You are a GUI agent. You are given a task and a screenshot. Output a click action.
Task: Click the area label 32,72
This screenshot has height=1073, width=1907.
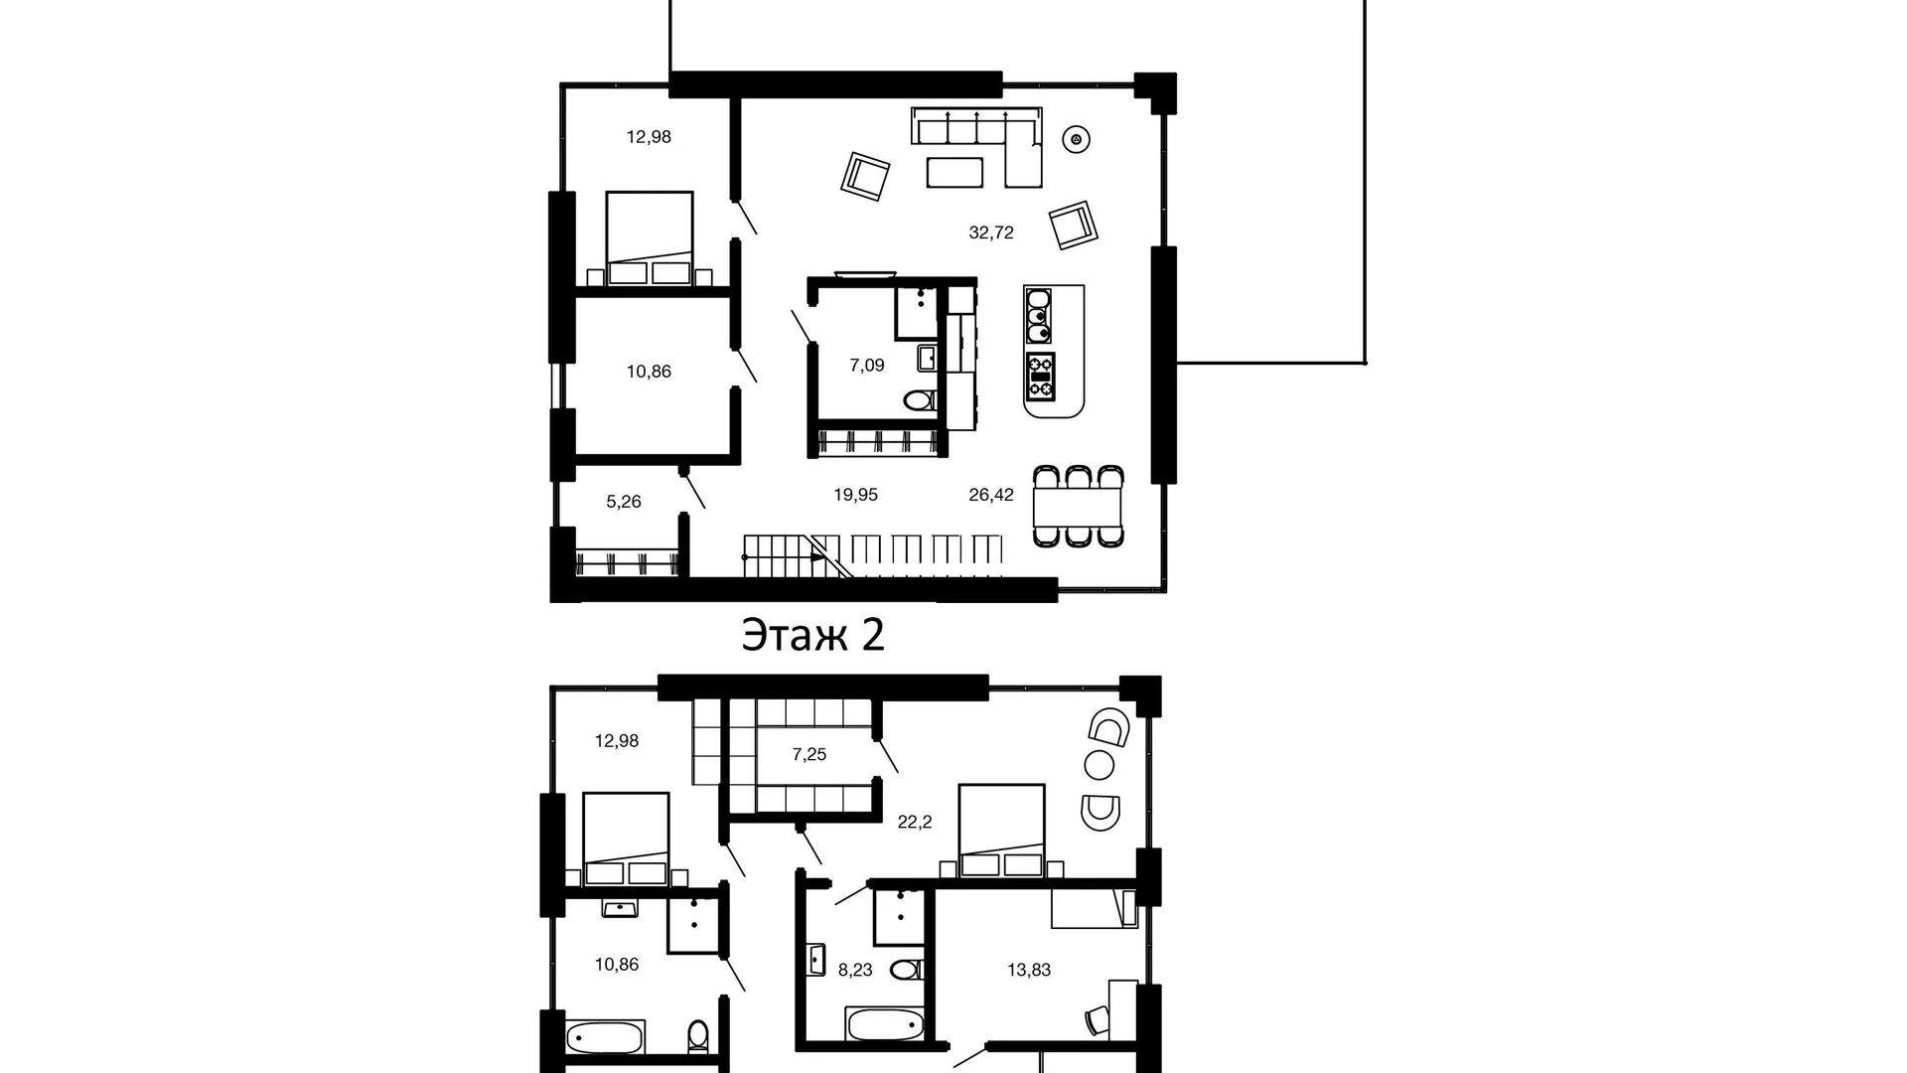tap(991, 232)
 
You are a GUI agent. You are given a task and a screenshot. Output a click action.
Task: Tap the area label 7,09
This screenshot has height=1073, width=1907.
tap(866, 365)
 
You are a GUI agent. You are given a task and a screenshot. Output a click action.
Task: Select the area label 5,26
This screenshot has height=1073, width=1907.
tap(624, 502)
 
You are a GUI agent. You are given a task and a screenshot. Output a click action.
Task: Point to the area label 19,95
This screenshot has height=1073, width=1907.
tap(855, 494)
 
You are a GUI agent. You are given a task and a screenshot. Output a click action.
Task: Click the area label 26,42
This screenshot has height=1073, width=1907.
tap(991, 494)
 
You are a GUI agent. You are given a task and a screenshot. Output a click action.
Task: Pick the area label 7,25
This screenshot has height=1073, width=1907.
tap(809, 754)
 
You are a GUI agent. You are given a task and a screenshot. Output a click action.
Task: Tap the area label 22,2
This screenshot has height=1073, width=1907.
tap(915, 822)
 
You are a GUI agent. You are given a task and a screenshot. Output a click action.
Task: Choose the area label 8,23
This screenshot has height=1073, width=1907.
tap(855, 970)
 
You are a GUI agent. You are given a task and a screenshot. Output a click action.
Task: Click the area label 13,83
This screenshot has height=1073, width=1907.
tap(1029, 970)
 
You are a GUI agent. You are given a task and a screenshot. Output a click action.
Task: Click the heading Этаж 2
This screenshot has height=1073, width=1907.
tap(812, 636)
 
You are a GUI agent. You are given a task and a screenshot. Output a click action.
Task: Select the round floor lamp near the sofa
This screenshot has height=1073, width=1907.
tap(1075, 140)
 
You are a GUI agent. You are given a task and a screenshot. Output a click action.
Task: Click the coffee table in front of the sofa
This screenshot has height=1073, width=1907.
tap(954, 172)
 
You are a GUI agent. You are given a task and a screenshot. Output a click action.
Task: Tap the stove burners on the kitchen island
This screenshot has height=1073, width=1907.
tap(1040, 376)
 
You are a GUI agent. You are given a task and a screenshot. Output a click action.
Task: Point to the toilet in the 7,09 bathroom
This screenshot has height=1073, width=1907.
tap(921, 400)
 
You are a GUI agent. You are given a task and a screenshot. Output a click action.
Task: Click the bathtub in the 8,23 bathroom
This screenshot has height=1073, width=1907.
tap(884, 1023)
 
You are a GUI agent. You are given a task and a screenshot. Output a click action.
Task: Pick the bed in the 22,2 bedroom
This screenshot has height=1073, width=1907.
tap(1001, 831)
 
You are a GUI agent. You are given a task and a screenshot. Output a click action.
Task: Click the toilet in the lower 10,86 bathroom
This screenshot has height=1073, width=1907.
tap(698, 1036)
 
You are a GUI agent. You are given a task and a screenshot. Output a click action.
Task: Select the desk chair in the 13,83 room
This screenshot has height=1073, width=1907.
tap(1098, 1020)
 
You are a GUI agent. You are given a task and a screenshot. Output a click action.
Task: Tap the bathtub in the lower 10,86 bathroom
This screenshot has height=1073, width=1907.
tap(606, 1037)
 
